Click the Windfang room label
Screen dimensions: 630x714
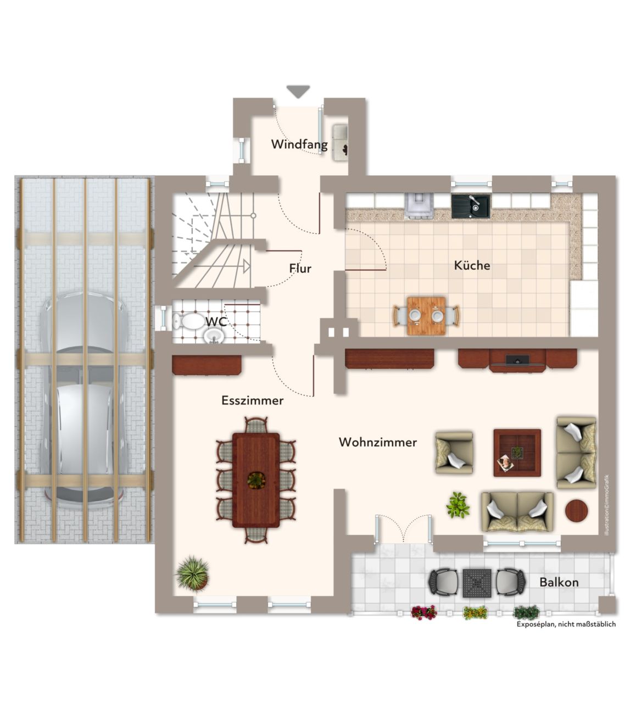tap(299, 144)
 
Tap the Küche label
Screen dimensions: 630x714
tap(472, 265)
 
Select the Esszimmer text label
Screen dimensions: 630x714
tap(253, 400)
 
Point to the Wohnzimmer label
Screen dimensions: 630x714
tap(377, 442)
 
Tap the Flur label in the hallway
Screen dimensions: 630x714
tap(300, 269)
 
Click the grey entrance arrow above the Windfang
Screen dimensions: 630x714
tap(298, 91)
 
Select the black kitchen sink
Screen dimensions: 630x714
tap(471, 207)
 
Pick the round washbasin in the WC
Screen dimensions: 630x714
tap(215, 336)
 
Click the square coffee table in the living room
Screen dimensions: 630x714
tap(517, 453)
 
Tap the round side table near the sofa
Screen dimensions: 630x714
tap(577, 510)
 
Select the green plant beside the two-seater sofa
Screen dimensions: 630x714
tap(458, 505)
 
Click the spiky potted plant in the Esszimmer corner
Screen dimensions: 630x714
tap(193, 573)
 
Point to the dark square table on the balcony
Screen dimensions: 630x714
tap(477, 583)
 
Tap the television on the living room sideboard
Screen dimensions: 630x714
tap(517, 360)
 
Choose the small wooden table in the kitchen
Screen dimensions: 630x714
tap(426, 316)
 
